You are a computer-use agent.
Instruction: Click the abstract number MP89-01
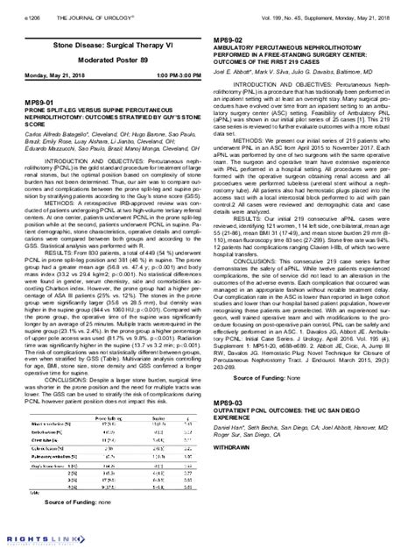point(33,102)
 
